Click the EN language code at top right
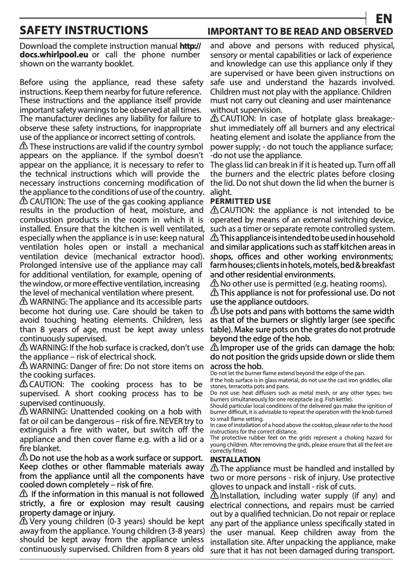[384, 18]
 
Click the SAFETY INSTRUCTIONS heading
[84, 30]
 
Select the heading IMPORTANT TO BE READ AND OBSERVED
[301, 31]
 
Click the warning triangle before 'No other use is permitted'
[214, 283]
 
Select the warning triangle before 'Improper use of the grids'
[214, 347]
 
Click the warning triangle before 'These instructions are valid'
[24, 146]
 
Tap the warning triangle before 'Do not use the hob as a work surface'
[24, 457]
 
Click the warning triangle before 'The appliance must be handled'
[214, 469]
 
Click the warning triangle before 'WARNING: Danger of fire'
[24, 366]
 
